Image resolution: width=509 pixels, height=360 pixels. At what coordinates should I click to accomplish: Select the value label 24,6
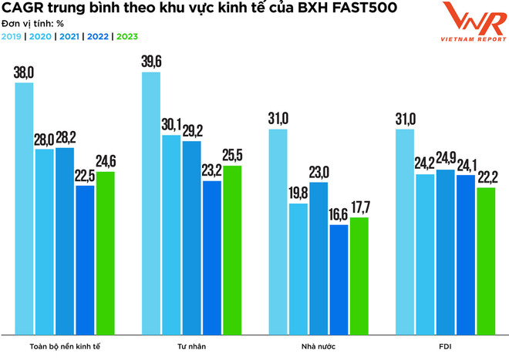[x=105, y=161]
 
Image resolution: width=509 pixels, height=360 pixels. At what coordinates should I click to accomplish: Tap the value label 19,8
[x=298, y=193]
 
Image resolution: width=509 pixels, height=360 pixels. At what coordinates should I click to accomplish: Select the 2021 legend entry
[x=69, y=35]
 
